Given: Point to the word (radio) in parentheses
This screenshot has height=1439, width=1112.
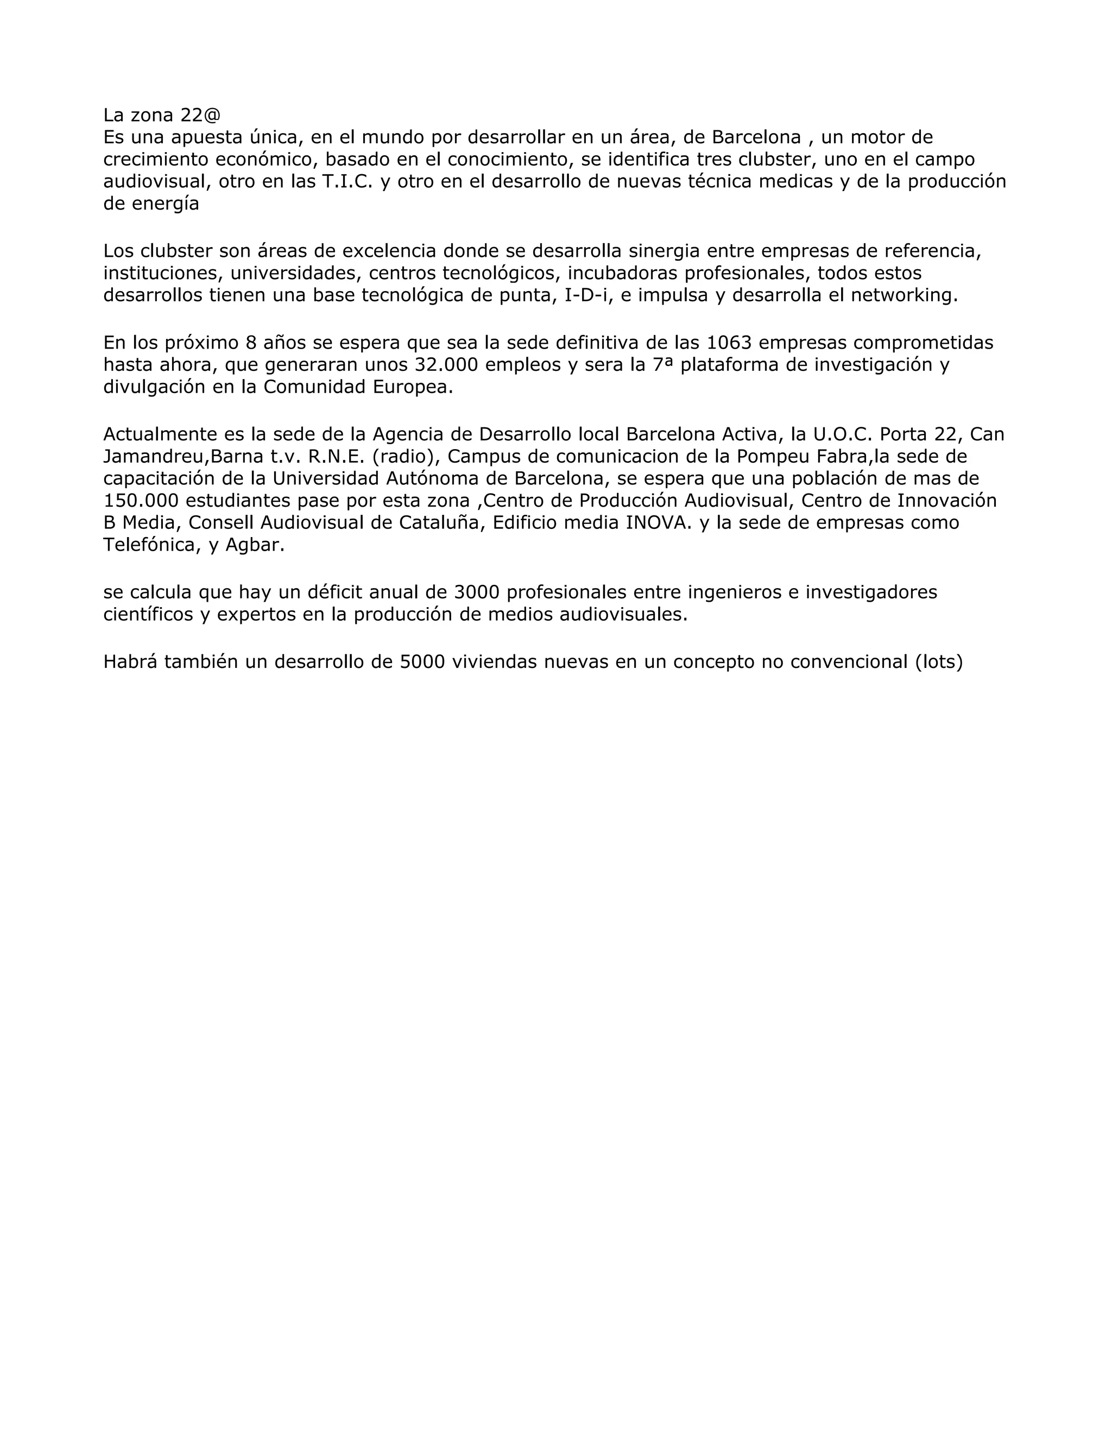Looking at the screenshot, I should pyautogui.click(x=404, y=457).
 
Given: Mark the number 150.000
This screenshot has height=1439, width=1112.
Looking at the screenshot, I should pyautogui.click(x=141, y=501).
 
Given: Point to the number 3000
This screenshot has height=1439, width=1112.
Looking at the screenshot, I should pyautogui.click(x=477, y=592).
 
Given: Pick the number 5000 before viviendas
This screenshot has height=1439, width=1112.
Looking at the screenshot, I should pyautogui.click(x=422, y=661).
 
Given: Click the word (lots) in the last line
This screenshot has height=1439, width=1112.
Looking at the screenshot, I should pyautogui.click(x=939, y=661).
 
